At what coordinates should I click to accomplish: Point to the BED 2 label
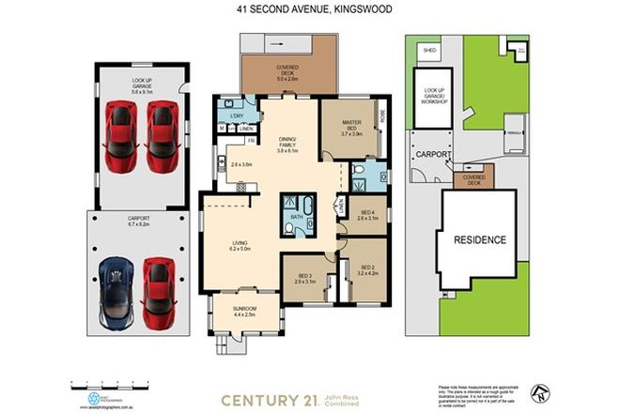point(366,268)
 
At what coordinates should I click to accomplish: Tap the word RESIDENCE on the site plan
point(481,239)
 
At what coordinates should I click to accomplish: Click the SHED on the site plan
point(430,50)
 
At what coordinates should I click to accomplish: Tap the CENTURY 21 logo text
point(262,394)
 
